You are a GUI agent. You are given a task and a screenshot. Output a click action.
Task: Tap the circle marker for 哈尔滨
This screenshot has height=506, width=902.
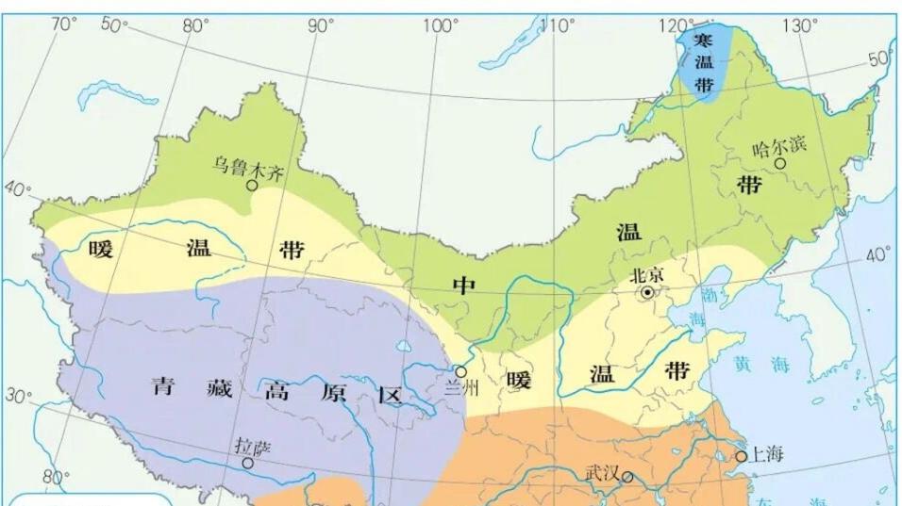780,164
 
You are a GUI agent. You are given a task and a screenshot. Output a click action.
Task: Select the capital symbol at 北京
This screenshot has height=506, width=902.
647,293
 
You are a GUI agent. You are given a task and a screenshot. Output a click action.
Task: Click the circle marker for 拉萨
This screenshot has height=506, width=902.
247,463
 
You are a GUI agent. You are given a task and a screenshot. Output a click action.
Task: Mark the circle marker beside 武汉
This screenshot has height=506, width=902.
626,477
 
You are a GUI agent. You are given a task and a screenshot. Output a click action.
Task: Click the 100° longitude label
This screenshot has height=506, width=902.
441,25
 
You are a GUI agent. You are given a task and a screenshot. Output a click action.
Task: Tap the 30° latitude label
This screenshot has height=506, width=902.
17,396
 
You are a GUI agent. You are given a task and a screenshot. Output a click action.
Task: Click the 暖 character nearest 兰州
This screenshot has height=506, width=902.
518,382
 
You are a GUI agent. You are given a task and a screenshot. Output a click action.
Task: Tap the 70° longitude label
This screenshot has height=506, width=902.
63,24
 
